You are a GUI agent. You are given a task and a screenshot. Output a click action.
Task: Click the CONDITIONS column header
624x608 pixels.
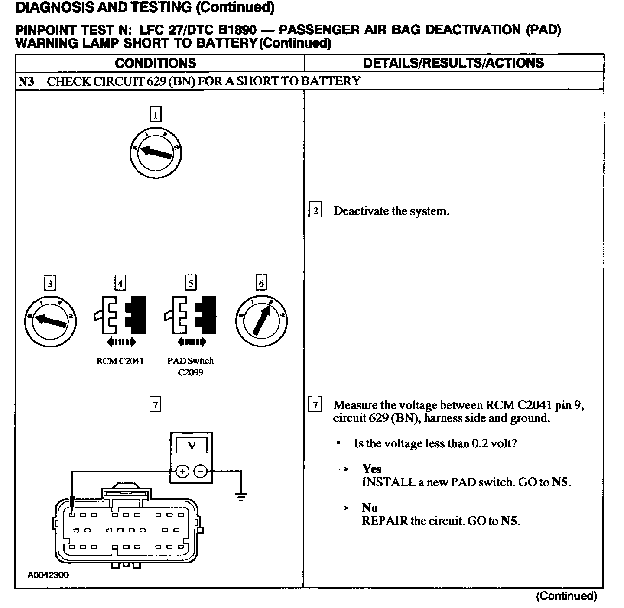click(156, 63)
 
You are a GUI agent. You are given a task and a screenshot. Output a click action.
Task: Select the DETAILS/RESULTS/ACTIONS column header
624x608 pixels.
click(453, 63)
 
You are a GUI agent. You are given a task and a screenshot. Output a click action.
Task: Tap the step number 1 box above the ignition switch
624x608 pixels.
click(155, 114)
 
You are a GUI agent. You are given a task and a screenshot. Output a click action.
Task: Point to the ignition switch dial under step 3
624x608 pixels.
click(51, 321)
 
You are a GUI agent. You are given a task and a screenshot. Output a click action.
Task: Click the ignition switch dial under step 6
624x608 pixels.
click(261, 321)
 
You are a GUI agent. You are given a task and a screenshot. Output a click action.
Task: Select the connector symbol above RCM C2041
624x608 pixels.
click(120, 316)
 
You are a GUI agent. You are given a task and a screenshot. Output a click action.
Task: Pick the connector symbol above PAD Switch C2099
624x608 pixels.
click(190, 316)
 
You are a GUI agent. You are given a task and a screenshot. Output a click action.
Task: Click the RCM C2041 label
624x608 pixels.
click(120, 361)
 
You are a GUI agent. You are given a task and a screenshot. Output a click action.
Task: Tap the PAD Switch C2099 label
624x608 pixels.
click(190, 366)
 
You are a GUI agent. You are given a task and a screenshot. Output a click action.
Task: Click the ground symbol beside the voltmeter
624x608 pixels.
click(241, 496)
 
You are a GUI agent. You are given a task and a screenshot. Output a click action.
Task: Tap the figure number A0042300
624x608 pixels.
click(48, 575)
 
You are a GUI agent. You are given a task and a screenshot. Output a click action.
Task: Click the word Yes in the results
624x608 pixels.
click(371, 469)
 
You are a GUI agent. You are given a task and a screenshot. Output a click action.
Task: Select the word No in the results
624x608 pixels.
click(370, 508)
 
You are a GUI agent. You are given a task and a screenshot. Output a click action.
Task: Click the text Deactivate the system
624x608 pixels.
click(391, 211)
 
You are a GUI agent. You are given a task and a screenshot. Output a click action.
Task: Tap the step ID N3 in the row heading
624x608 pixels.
click(26, 81)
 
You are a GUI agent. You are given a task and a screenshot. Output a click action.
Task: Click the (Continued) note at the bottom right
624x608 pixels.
click(566, 596)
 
